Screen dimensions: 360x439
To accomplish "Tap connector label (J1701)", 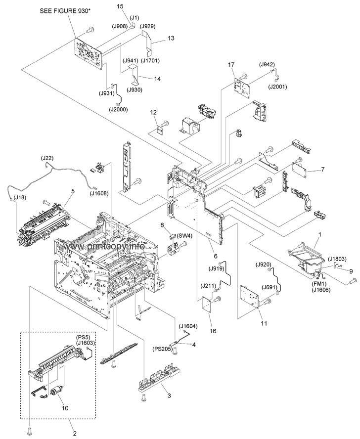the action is coord(150,60).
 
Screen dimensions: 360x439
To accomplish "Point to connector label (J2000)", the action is coord(118,110).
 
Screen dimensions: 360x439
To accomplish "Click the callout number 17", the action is coord(231,65).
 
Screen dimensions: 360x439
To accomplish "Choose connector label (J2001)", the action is coord(277,87).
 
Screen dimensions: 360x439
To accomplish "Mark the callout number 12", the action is coord(153,112).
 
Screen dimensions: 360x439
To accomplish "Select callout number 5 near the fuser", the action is coord(73,191).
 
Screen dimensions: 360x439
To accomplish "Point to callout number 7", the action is coord(322,170).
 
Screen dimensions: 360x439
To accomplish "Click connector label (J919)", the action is coord(219,269).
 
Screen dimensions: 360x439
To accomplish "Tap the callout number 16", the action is coord(213,331).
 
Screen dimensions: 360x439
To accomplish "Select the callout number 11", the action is coord(264,323).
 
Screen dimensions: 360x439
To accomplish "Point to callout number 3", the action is coord(169,395).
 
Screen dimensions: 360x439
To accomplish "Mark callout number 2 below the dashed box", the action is coord(75,434).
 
